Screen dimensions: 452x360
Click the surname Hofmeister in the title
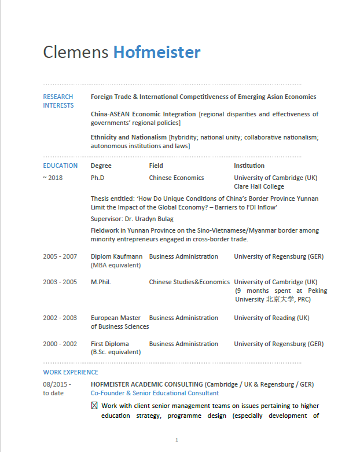tap(156, 53)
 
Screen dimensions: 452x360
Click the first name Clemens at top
tap(75, 53)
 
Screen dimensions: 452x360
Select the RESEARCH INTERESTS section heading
tap(58, 101)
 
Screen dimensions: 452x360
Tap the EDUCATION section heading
tap(60, 166)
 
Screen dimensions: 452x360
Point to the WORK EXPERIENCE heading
tap(71, 372)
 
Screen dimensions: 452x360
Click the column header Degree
tap(101, 166)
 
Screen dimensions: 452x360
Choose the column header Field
tap(156, 166)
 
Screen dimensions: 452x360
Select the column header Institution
tap(249, 166)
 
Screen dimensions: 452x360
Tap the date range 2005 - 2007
tap(60, 256)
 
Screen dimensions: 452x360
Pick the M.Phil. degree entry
tap(101, 282)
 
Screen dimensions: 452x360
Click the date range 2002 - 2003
tap(60, 318)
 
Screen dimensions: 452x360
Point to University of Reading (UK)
tap(271, 318)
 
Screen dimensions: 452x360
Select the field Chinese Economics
tap(177, 178)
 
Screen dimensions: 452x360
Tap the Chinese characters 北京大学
tap(280, 299)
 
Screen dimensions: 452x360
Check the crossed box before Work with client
tap(94, 406)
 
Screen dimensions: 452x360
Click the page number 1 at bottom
tap(176, 440)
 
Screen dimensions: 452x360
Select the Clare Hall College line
tap(259, 186)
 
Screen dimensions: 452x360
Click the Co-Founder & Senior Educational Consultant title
tap(155, 393)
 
